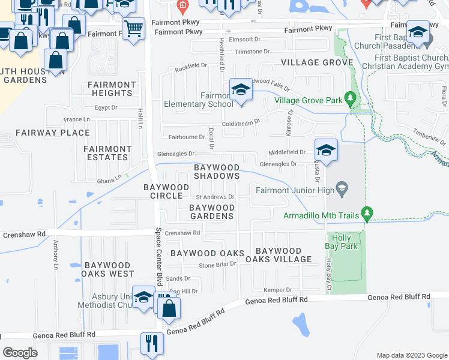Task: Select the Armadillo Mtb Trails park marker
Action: point(366,213)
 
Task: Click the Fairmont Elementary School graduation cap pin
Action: point(241,90)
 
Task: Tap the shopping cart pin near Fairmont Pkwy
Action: point(133,27)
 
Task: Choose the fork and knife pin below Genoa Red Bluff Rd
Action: point(148,343)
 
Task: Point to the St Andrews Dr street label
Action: point(215,196)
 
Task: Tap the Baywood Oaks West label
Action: point(108,269)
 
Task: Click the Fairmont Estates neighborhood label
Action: point(107,153)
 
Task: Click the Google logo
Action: point(20,353)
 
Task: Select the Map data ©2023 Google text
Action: point(411,355)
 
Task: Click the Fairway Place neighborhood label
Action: point(52,133)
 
